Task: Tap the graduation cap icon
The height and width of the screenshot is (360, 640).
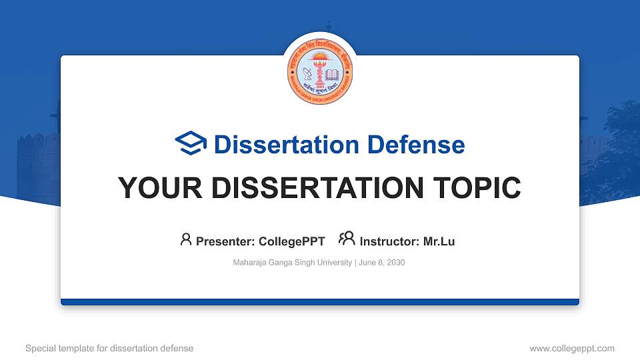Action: coord(191,144)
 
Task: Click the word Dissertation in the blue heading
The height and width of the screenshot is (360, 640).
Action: coord(279,145)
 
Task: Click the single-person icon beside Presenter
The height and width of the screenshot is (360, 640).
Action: coord(186,239)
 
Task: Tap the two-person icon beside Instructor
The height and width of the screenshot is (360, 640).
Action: coord(347,239)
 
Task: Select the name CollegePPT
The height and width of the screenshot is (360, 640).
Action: coord(291,241)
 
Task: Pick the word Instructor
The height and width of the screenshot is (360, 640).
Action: coord(389,241)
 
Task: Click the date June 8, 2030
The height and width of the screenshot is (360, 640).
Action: coord(381,263)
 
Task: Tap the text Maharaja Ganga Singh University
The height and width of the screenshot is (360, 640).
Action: coord(292,263)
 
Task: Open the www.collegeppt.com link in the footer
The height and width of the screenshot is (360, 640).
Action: coord(571,348)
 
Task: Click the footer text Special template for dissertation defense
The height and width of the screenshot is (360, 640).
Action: coord(109,348)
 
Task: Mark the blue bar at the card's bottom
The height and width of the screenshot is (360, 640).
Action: coord(320,302)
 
